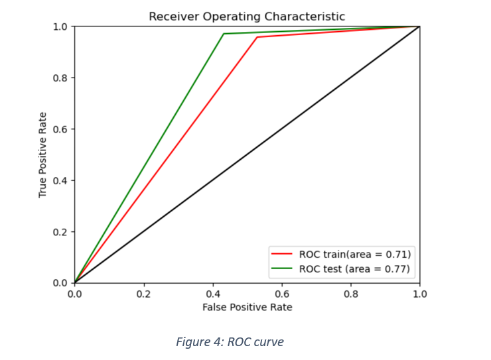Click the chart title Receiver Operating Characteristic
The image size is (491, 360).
(247, 17)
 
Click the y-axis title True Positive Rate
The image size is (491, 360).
(43, 154)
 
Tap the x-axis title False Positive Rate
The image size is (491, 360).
(247, 307)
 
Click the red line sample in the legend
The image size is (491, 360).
(282, 254)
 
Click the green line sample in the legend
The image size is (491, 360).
(282, 269)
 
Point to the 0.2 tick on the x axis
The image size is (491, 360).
(143, 293)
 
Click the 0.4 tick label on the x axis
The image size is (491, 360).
(212, 293)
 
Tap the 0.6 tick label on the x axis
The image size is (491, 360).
(281, 293)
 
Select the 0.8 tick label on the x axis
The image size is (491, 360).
(350, 293)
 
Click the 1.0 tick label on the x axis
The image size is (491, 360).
(419, 293)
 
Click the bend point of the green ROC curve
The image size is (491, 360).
(224, 34)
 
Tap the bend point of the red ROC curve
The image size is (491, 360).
(257, 37)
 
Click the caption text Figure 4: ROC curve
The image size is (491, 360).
(230, 342)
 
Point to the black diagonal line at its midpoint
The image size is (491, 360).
(247, 154)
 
